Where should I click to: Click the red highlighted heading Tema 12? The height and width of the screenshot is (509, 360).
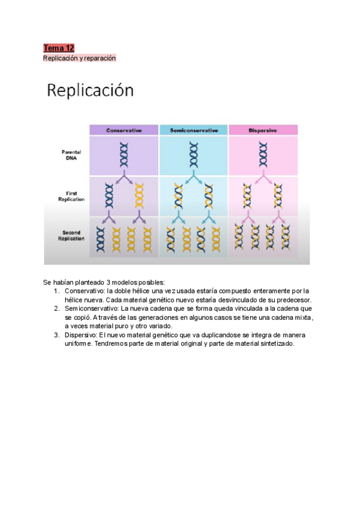click(x=58, y=48)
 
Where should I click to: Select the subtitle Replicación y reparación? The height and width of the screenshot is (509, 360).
click(x=79, y=58)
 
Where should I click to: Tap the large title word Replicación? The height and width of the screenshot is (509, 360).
click(x=90, y=91)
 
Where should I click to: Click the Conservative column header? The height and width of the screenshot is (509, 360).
click(x=124, y=130)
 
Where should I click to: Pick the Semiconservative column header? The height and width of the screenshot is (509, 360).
click(x=193, y=130)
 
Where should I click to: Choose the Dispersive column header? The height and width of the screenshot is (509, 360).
click(x=263, y=130)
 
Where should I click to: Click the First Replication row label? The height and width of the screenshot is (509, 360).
click(x=72, y=196)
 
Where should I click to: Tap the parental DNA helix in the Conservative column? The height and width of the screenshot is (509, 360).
click(x=124, y=154)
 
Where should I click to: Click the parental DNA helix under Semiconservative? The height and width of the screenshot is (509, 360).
click(x=193, y=154)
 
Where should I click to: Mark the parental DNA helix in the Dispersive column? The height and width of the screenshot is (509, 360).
click(x=263, y=154)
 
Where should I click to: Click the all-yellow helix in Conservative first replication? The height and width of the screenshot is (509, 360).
click(x=140, y=195)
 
